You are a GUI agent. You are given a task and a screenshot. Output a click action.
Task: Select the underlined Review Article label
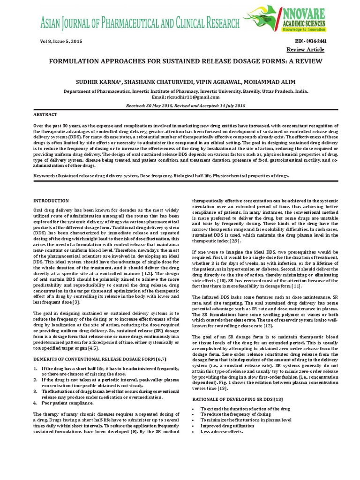(x=305, y=50)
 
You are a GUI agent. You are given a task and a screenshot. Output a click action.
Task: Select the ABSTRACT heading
(x=45, y=114)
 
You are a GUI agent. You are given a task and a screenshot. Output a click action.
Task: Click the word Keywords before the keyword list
(x=45, y=176)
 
